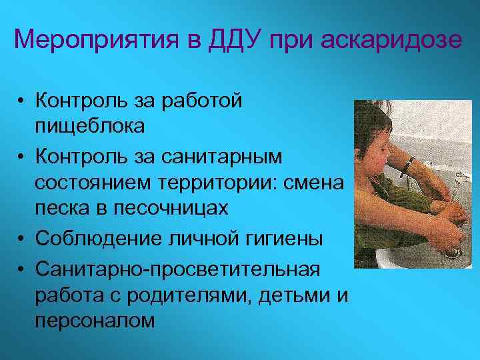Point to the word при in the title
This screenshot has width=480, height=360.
coord(293,40)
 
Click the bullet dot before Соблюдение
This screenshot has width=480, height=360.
coord(23,239)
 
